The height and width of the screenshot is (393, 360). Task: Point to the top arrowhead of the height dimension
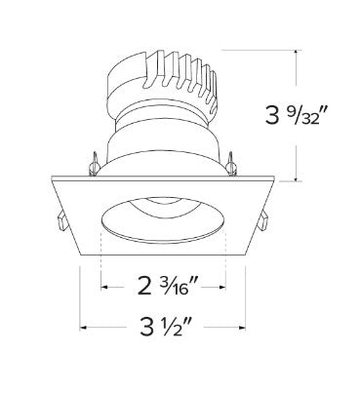[x=296, y=53]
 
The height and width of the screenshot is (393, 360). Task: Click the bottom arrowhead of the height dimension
[x=296, y=178]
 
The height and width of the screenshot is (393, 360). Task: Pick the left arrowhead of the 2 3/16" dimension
[x=104, y=287]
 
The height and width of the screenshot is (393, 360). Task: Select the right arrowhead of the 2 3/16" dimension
[x=222, y=287]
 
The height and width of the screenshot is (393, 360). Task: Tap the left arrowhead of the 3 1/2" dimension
[x=83, y=328]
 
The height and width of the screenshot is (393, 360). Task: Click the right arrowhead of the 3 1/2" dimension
[x=242, y=328]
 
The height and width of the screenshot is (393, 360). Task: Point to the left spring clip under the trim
[x=61, y=220]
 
